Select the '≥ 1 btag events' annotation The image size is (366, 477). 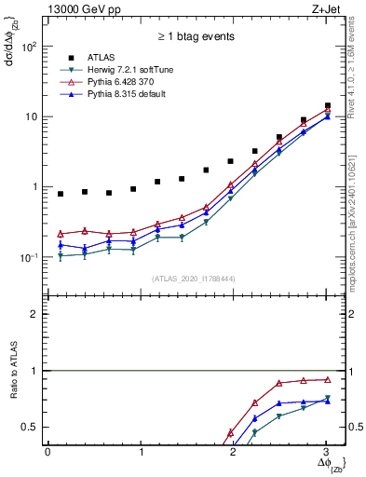195,39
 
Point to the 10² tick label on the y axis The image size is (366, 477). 30,47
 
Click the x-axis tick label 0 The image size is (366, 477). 47,452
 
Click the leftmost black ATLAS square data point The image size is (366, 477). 61,194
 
